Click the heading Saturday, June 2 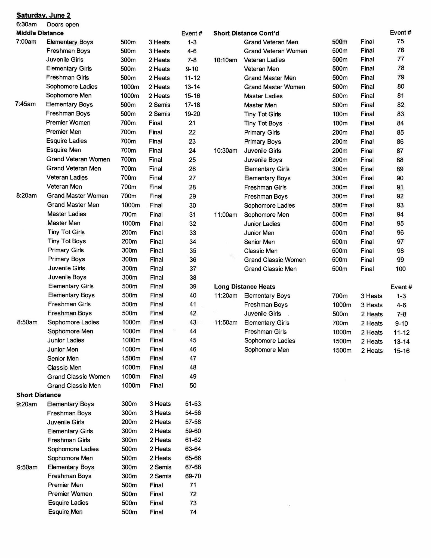[43, 15]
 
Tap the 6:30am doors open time [26, 25]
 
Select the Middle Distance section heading [40, 33]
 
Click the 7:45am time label [26, 104]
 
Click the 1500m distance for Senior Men [131, 358]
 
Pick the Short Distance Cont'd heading [246, 33]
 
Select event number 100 [400, 269]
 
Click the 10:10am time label [225, 60]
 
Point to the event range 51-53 [193, 404]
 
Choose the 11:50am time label [226, 323]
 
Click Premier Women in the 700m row [68, 123]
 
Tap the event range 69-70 [193, 476]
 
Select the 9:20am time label [26, 404]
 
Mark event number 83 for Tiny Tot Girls [400, 114]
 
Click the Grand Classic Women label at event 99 [275, 260]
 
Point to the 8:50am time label [27, 322]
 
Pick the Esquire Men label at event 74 [65, 512]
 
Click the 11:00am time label [226, 215]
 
